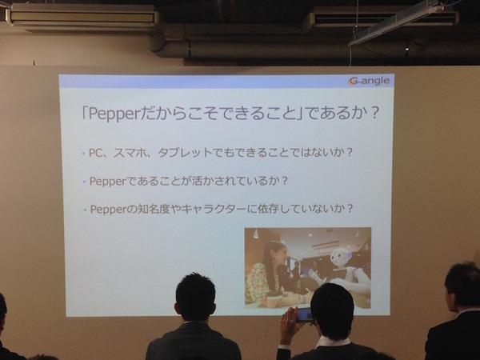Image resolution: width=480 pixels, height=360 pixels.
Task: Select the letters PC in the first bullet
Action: (97, 151)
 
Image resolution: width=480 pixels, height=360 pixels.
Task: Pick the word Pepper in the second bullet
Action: (108, 180)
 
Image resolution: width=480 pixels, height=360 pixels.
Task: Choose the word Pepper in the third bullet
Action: (108, 209)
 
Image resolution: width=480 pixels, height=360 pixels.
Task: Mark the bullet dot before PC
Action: (83, 152)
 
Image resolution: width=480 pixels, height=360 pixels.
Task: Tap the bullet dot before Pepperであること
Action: (83, 181)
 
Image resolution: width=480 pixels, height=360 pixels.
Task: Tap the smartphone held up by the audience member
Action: (303, 314)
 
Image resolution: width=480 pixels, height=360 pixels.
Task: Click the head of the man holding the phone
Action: (332, 308)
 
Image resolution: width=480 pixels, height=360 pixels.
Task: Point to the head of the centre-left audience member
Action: (195, 297)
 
